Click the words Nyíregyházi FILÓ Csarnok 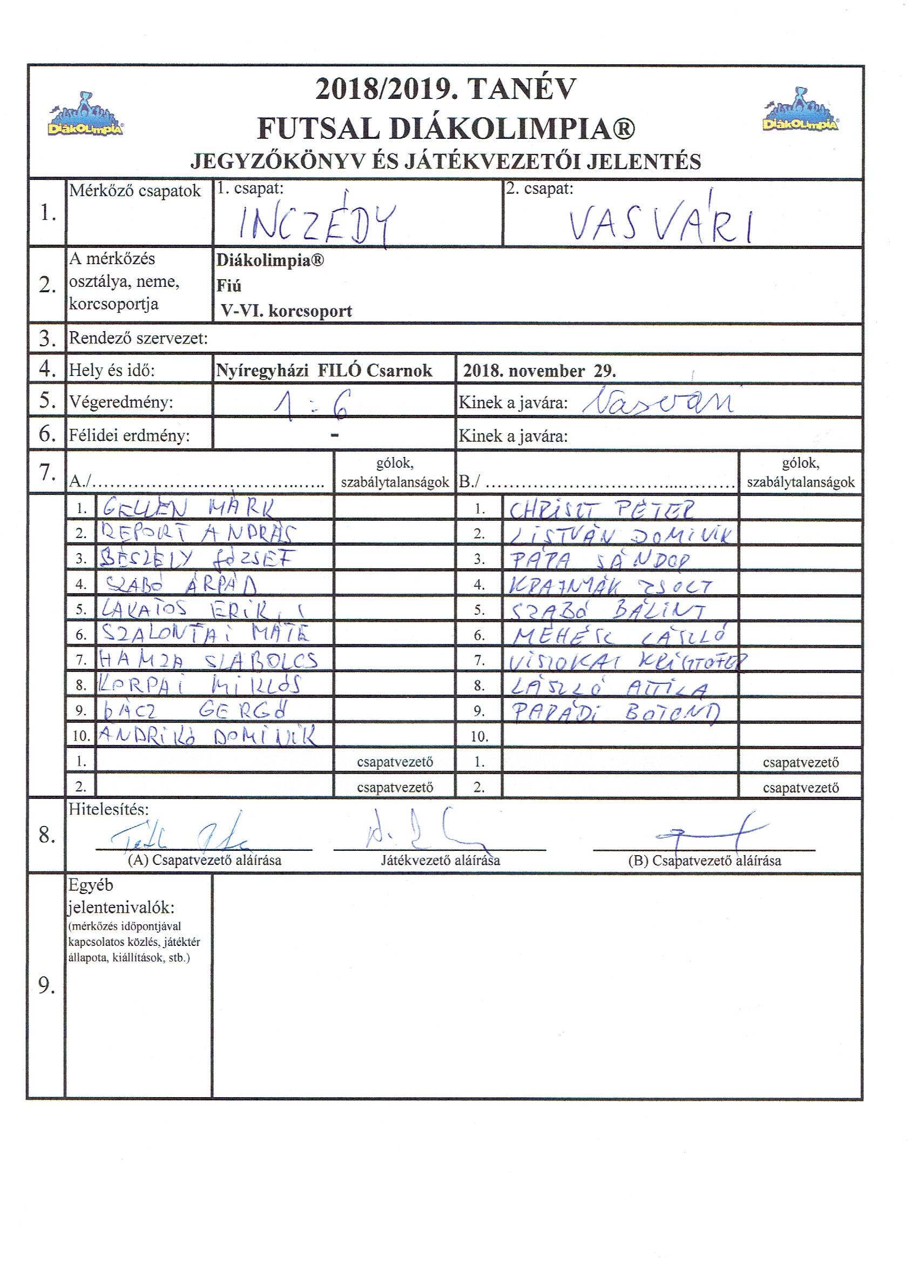324,371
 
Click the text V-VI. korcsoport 286,311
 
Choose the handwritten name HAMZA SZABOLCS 208,661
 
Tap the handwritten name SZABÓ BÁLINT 609,611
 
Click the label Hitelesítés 109,809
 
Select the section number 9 47,986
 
